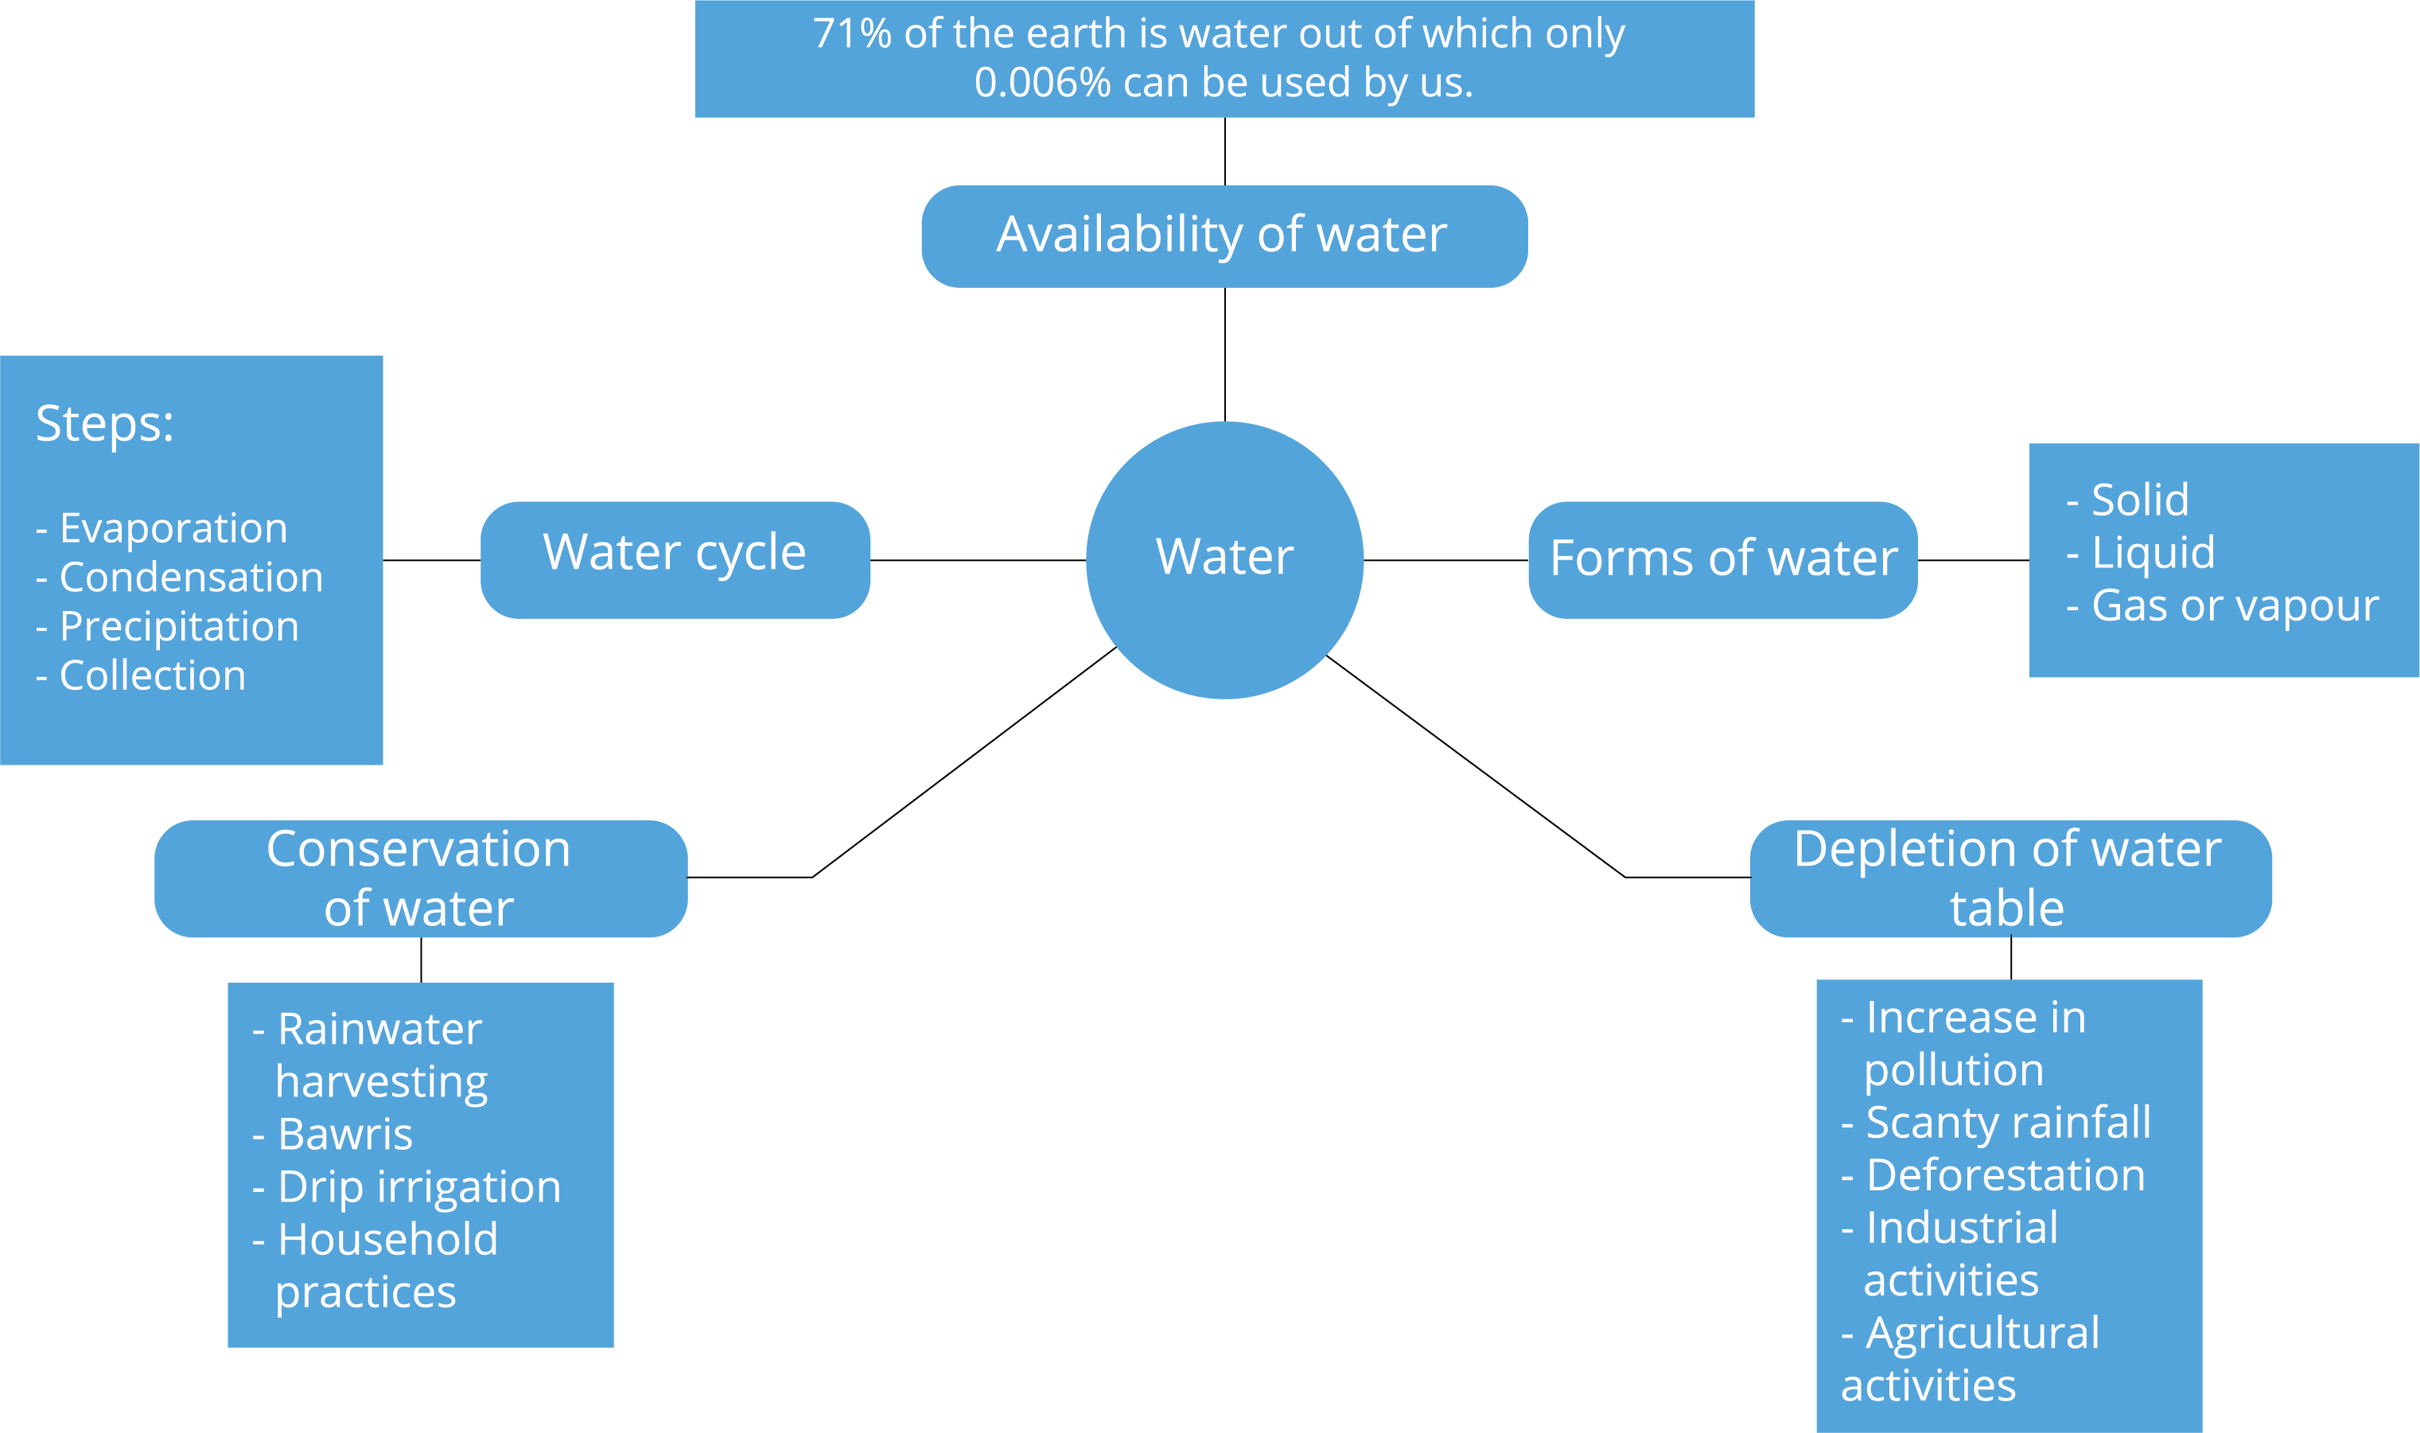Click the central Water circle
(1224, 559)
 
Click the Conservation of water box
(420, 878)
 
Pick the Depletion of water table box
(2010, 878)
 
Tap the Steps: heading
(104, 423)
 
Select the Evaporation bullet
(172, 528)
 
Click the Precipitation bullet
(177, 627)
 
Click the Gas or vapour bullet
(2233, 606)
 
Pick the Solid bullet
(2138, 499)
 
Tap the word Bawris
(344, 1134)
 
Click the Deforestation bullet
(2004, 1175)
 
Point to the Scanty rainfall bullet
(2007, 1122)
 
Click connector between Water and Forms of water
(1445, 560)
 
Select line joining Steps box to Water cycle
(431, 560)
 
